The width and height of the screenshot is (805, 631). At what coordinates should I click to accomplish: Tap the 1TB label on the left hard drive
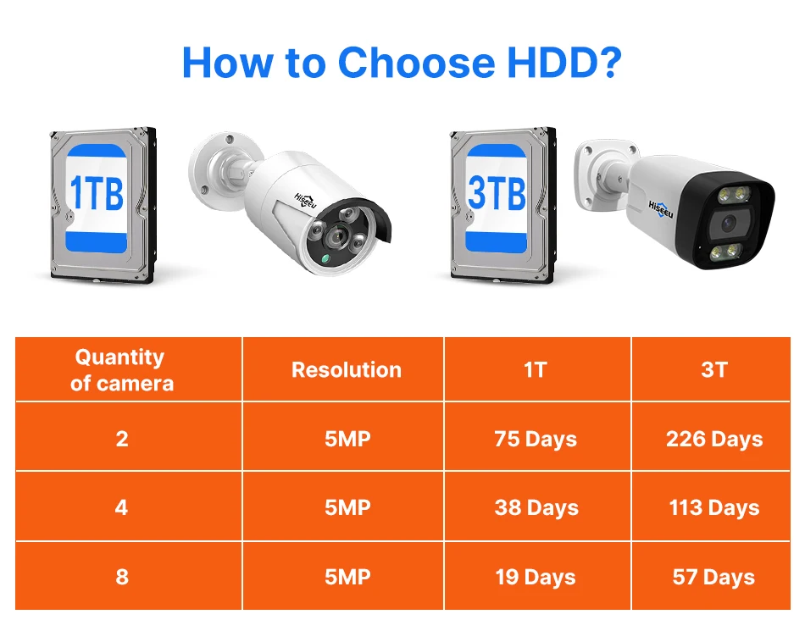tap(96, 194)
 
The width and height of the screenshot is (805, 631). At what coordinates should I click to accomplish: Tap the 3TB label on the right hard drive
tap(497, 194)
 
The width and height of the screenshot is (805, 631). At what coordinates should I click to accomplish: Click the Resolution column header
tap(347, 370)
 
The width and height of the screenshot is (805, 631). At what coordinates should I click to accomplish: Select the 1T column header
tap(536, 370)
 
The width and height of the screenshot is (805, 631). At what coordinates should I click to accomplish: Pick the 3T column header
tap(714, 370)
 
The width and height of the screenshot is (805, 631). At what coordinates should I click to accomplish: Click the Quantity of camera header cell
tap(122, 370)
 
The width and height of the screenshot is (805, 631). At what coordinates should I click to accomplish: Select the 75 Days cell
tap(536, 439)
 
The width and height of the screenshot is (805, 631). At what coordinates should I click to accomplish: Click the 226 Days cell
tap(714, 439)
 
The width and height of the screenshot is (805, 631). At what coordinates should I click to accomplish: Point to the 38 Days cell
tap(536, 508)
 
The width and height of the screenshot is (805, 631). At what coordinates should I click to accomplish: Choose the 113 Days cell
tap(714, 508)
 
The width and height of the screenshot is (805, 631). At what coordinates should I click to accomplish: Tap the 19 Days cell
tap(536, 578)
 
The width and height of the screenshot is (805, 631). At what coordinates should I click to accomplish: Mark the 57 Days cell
tap(713, 578)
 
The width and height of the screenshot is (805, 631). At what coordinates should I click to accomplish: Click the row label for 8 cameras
tap(122, 578)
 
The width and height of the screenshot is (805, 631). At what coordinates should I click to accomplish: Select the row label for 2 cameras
tap(122, 439)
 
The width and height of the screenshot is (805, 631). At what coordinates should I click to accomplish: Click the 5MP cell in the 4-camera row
tap(347, 508)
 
